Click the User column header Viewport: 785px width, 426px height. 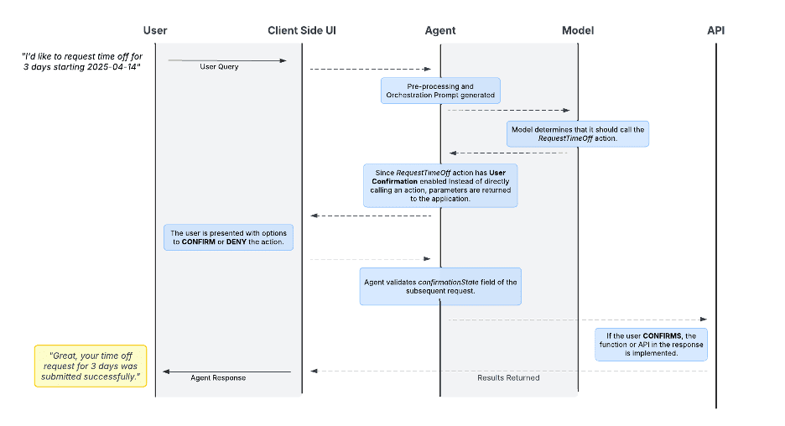click(155, 30)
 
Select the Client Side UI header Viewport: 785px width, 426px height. click(302, 30)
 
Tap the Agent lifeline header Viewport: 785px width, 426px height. click(440, 30)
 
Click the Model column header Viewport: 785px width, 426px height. click(578, 30)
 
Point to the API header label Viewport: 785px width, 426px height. click(715, 30)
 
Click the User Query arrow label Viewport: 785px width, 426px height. click(219, 66)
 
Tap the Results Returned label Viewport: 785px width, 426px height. click(508, 378)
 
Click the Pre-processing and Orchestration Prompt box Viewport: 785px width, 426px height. click(440, 91)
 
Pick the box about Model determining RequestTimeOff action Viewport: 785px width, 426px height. click(577, 134)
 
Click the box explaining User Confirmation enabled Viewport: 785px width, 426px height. click(440, 186)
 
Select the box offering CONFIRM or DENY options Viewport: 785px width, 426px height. click(228, 237)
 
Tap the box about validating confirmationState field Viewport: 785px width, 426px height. click(440, 287)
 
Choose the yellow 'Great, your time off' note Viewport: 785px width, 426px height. click(90, 366)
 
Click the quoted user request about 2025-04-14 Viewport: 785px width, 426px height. click(81, 61)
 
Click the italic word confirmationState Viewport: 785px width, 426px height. click(451, 282)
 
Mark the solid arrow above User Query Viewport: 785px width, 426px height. click(226, 60)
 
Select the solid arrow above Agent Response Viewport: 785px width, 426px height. click(226, 371)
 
